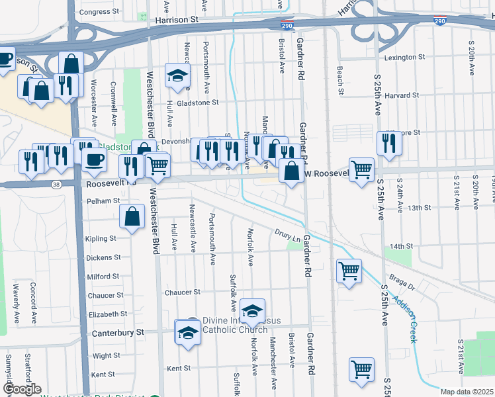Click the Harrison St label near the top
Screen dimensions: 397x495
(x=177, y=21)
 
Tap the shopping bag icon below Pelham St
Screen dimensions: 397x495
(x=132, y=216)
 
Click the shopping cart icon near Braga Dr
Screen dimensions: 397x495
(x=349, y=270)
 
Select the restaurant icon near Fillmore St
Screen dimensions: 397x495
(x=389, y=143)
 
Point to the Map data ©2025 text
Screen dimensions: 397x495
(x=467, y=392)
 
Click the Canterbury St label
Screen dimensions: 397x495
(x=118, y=332)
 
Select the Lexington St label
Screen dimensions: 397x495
(x=404, y=58)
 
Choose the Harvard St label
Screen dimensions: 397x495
(x=402, y=95)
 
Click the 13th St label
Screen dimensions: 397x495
(x=420, y=208)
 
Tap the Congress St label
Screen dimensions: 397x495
(x=95, y=12)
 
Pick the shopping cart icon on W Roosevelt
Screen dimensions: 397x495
(x=361, y=169)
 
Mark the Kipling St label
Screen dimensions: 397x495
(x=100, y=238)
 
